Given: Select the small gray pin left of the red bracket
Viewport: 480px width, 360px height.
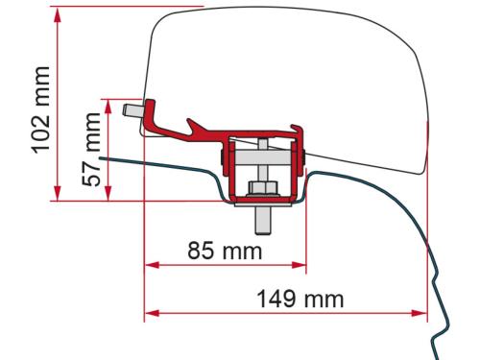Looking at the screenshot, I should (x=153, y=112).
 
